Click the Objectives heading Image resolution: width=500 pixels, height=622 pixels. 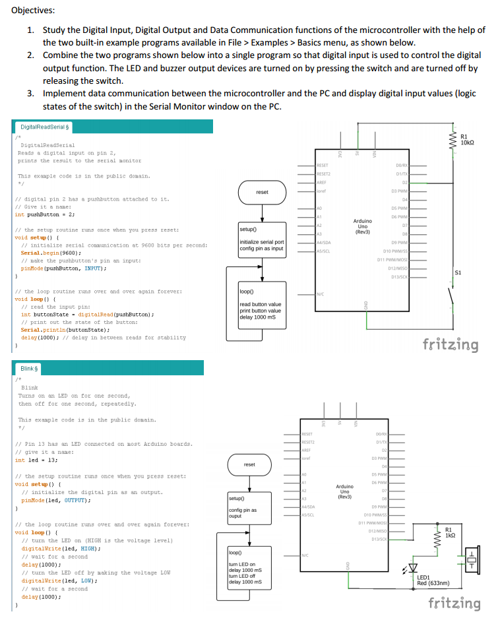click(32, 11)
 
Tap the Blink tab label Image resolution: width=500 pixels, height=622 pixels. click(28, 369)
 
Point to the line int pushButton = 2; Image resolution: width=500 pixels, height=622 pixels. click(45, 214)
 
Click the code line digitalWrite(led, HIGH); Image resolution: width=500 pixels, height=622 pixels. click(61, 548)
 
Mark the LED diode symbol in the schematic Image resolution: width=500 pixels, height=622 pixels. click(413, 567)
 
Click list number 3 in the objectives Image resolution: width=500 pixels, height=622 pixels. click(31, 93)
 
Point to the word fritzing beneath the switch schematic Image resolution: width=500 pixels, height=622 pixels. click(451, 345)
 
